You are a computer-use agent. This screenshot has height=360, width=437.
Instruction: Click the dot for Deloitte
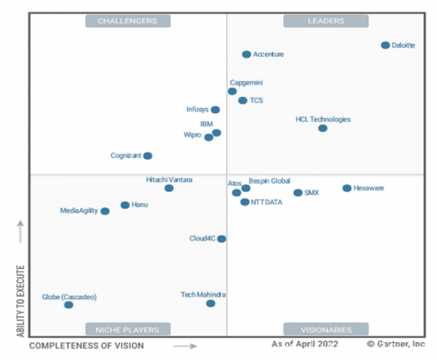(x=385, y=45)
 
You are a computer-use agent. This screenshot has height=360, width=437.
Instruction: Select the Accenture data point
(x=246, y=54)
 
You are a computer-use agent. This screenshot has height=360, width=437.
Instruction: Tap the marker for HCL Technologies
(x=323, y=128)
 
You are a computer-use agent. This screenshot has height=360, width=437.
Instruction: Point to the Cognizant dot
(x=148, y=155)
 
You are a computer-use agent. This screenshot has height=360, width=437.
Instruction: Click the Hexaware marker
(x=347, y=188)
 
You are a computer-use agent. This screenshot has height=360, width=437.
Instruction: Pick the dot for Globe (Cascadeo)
(x=68, y=305)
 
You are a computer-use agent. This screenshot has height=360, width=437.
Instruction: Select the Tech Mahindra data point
(x=210, y=303)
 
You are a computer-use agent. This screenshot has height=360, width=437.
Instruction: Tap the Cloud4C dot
(x=221, y=238)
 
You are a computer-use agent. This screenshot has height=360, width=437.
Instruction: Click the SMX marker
(x=298, y=192)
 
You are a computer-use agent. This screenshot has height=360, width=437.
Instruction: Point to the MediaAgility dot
(x=105, y=211)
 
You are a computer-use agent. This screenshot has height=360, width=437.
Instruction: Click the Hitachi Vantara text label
(x=169, y=179)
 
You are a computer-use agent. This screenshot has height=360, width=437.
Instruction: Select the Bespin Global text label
(x=269, y=180)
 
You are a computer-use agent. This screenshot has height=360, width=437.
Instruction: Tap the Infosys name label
(x=197, y=109)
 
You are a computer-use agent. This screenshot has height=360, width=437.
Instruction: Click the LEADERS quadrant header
(x=324, y=21)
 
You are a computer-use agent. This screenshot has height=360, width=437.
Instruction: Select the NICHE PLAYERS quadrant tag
(x=127, y=329)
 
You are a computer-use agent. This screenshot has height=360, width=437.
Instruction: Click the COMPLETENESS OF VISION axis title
(x=87, y=345)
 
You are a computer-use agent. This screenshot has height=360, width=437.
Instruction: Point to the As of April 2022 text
(x=305, y=343)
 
